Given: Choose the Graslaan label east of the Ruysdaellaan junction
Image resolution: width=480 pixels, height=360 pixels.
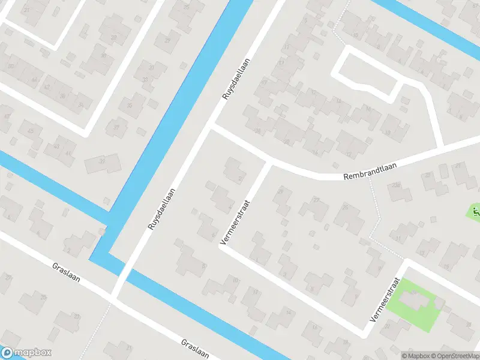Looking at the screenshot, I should pos(194,350).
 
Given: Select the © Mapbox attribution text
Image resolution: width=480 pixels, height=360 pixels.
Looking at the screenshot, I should pos(415,355).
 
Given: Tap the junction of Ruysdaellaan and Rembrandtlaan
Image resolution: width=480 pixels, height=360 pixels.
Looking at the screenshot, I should pos(210,125).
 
